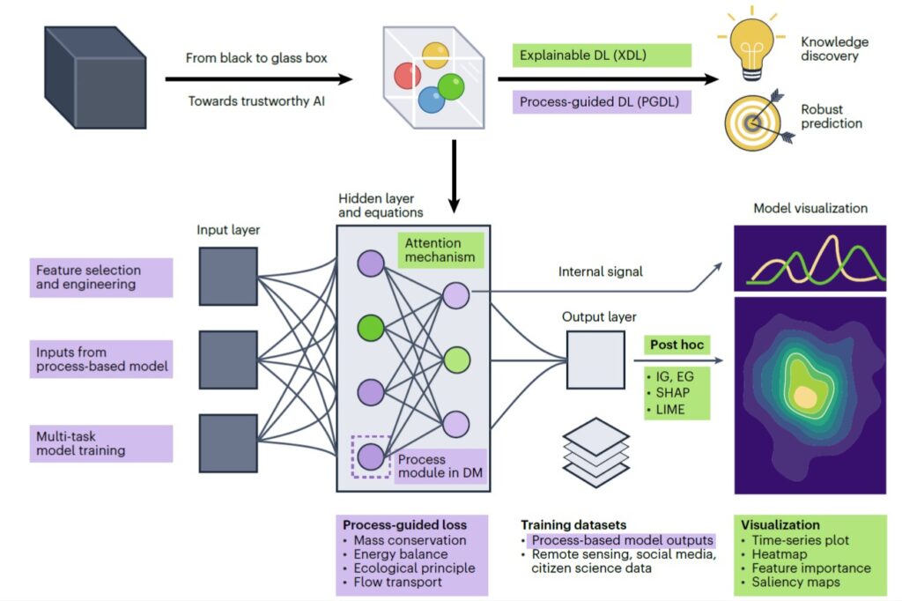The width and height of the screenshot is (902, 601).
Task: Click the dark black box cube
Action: point(95,78)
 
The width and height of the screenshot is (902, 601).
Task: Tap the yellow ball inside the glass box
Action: point(435,56)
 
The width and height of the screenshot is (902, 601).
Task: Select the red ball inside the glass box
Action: point(407,76)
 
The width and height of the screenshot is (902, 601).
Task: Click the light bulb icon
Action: point(751,44)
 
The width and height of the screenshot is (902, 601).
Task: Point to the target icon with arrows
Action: point(758,120)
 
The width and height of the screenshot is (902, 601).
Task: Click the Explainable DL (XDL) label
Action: point(601,56)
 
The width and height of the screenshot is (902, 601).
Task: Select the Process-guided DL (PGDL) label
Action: point(601,102)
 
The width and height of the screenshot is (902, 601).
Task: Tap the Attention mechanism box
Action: point(440,250)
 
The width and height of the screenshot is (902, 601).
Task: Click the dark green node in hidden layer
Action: point(371,328)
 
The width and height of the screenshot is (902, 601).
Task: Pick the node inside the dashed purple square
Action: point(371,456)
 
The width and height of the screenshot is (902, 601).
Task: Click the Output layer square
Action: point(595,360)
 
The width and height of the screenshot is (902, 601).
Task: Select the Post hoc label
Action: point(677,345)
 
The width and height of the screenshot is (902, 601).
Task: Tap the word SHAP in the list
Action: point(672,393)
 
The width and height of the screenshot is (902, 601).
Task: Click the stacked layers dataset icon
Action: point(595,452)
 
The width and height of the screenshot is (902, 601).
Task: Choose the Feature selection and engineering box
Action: point(101,278)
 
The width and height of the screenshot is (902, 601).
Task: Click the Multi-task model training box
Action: point(101,443)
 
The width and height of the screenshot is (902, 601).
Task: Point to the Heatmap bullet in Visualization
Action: point(779,553)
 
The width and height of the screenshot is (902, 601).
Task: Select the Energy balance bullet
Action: point(401,553)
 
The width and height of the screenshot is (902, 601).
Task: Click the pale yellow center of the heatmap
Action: point(805,397)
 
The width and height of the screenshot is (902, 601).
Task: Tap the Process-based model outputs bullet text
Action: point(622,540)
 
